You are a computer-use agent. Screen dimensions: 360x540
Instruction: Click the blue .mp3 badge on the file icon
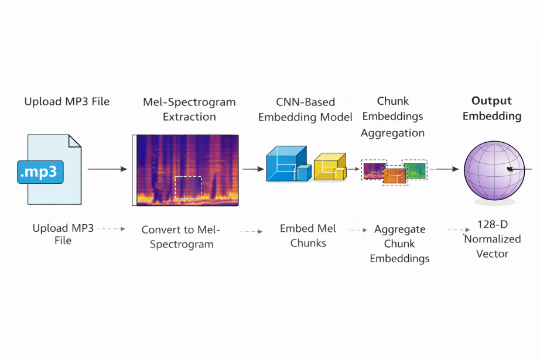coord(40,172)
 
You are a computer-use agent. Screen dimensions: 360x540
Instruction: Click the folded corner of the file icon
coord(74,142)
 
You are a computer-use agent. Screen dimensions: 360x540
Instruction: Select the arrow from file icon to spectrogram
coord(107,169)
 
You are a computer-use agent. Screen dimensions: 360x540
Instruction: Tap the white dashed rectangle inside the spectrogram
coord(188,188)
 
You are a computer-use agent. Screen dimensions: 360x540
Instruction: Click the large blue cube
coord(285,164)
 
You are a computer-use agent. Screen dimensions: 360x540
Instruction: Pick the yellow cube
coord(329,167)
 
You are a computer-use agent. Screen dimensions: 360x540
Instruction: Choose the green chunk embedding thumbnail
coord(415,170)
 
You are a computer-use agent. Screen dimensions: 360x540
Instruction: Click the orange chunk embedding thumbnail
coord(394,176)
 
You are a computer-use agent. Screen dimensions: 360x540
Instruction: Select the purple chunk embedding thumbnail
coord(373,170)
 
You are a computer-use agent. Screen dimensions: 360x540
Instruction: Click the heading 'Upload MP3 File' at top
coord(67,101)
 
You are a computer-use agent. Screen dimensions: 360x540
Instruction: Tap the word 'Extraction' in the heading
coord(189,116)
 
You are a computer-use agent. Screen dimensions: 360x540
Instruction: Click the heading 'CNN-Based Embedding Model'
coord(305,109)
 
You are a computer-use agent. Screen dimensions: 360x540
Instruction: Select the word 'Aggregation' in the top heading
coord(392,133)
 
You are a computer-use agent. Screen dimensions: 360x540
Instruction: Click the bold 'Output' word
coord(491,101)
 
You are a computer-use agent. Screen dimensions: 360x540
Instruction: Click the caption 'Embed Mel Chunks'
coord(307,235)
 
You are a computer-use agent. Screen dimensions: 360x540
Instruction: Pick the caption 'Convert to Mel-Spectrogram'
coord(180,236)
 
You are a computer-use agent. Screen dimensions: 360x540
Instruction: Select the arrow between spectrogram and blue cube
coord(253,169)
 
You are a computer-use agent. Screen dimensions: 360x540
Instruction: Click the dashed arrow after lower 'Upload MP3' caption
coord(111,228)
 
